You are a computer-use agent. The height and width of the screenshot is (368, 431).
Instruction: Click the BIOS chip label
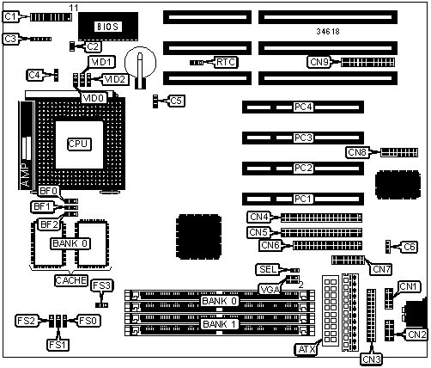(x=107, y=27)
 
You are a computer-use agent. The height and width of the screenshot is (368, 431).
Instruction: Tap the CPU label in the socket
(x=79, y=144)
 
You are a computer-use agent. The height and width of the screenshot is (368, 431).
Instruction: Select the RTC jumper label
(x=226, y=62)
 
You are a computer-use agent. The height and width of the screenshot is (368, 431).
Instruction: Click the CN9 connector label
(x=319, y=62)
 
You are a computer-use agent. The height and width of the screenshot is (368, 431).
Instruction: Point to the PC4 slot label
(x=303, y=107)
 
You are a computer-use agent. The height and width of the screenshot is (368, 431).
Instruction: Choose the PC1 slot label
(x=302, y=199)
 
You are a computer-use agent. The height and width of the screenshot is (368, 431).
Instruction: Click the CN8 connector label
(x=357, y=152)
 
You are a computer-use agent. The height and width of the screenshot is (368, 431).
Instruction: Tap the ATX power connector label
(x=307, y=349)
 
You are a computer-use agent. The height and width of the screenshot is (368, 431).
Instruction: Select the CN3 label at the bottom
(x=372, y=359)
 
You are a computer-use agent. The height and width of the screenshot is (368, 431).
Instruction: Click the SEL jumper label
(x=268, y=269)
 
